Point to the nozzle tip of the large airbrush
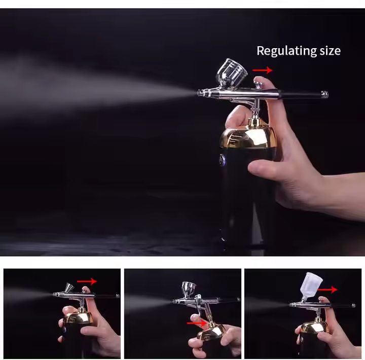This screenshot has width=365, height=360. click(199, 93)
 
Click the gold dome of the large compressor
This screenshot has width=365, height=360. click(248, 136)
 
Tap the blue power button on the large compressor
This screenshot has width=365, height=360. click(222, 160)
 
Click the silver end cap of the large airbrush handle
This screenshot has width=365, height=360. click(324, 94)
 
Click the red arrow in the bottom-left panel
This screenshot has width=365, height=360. click(87, 281)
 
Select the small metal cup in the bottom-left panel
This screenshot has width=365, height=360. click(68, 289)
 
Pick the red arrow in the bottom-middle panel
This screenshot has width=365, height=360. click(197, 322)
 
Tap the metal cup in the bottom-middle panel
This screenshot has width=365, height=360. click(189, 289)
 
